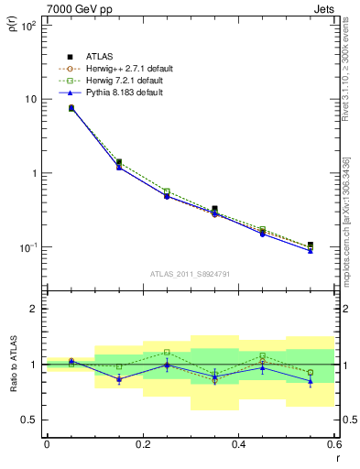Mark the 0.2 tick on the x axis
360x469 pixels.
point(142,444)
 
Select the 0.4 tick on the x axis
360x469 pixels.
point(238,444)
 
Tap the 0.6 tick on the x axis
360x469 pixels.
point(333,444)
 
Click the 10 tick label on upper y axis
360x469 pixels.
point(29,99)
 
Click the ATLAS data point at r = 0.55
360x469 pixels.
point(311,245)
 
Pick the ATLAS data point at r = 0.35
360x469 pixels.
point(214,210)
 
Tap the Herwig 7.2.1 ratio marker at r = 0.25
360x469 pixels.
point(167,352)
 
